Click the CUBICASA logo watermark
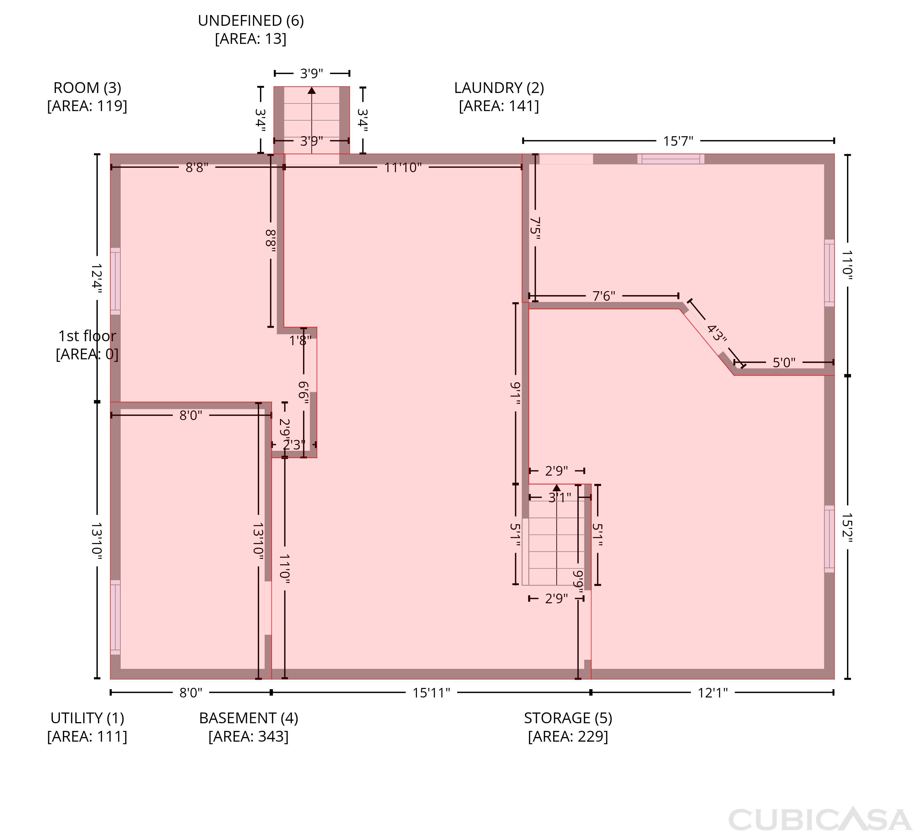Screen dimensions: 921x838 [x=820, y=819]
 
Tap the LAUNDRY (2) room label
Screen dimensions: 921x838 [x=499, y=88]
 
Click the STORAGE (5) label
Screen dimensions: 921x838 [x=568, y=718]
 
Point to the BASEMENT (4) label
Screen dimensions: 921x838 [x=249, y=718]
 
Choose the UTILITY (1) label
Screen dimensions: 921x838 [x=87, y=718]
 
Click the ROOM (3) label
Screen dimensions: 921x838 [x=87, y=88]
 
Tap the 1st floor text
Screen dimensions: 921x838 [x=87, y=336]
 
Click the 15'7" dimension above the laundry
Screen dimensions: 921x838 [x=678, y=141]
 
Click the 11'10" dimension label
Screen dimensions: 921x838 [x=403, y=168]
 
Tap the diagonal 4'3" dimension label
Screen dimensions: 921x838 [x=716, y=333]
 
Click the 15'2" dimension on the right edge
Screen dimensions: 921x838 [x=847, y=528]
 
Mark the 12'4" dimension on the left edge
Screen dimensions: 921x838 [x=97, y=278]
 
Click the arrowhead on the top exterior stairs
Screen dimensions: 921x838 [x=312, y=91]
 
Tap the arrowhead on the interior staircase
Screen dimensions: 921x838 [x=556, y=488]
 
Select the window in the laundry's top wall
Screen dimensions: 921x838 [x=671, y=159]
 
